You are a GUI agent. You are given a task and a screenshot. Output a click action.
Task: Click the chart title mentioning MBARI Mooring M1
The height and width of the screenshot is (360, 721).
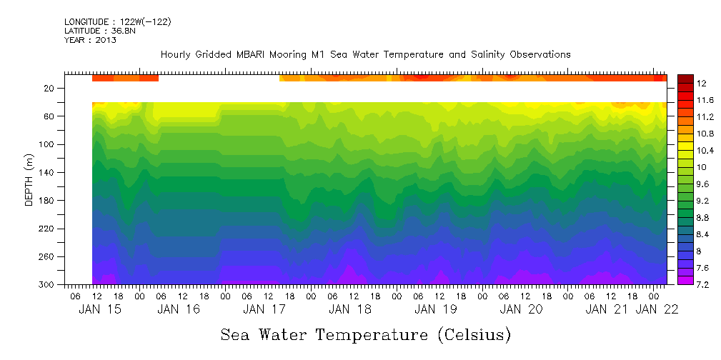point(365,55)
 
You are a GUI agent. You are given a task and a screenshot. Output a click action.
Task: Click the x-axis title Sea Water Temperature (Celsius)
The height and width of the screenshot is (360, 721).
point(366,334)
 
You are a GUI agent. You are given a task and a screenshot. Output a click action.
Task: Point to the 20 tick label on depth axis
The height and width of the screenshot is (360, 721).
point(50,89)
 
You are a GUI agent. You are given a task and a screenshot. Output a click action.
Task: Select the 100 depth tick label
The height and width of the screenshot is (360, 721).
point(48,145)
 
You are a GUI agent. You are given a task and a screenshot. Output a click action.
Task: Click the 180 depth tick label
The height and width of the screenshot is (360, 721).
point(48,201)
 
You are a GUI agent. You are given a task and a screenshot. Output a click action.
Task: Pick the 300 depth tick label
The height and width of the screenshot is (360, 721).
point(48,285)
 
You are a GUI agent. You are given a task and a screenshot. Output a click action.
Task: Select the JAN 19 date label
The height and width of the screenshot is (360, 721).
point(435,310)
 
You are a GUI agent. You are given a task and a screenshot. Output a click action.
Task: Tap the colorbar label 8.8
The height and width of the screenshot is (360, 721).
point(704,216)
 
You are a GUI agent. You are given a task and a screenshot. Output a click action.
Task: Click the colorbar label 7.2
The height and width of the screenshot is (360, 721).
point(704,285)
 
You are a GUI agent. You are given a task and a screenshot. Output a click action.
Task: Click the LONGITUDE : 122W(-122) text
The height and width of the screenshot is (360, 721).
point(117,22)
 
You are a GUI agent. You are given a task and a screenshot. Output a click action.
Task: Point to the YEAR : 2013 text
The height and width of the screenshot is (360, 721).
point(90,40)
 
